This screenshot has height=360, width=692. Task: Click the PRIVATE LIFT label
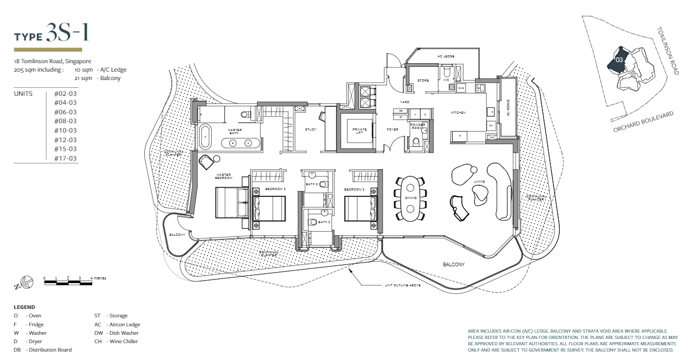(360, 131)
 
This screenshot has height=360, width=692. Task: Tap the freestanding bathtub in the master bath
(204, 137)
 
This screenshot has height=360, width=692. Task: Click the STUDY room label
(311, 129)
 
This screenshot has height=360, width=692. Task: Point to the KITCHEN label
(458, 113)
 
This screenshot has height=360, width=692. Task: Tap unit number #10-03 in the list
(65, 131)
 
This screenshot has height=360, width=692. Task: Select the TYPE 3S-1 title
(51, 34)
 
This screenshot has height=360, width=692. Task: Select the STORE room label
(423, 81)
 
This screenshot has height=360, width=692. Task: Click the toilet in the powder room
(416, 141)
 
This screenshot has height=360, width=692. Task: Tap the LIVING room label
(478, 182)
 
